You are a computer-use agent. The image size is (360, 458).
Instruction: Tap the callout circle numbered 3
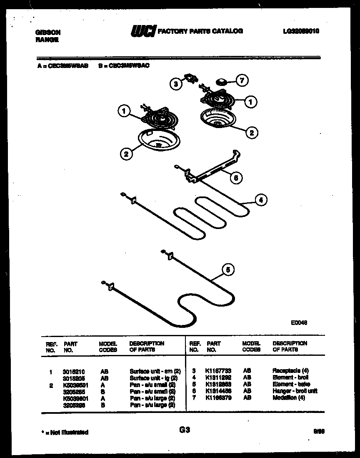[x=176, y=83]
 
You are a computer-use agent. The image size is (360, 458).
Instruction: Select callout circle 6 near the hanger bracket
[x=236, y=178]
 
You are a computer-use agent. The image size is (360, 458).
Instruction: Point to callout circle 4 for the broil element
[x=261, y=200]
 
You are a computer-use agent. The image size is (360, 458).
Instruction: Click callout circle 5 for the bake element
[x=227, y=270]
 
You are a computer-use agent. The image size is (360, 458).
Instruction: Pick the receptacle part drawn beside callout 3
[x=191, y=78]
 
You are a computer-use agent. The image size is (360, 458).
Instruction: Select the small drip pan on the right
[x=218, y=118]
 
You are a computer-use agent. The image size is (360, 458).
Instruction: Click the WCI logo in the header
[x=143, y=31]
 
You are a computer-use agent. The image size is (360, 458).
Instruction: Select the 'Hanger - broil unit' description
[x=295, y=391]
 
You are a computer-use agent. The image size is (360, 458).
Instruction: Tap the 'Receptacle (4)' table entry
[x=291, y=370]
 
